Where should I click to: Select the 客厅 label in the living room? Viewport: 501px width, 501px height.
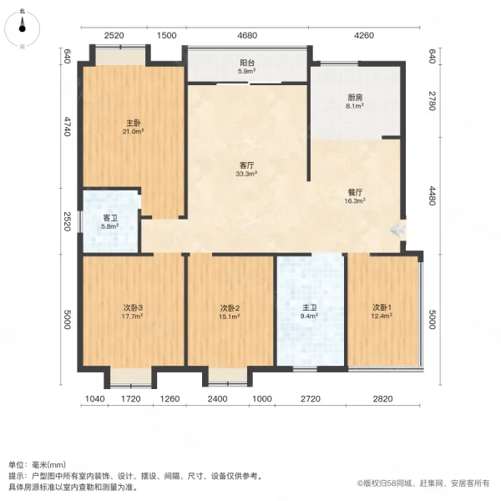(x=245, y=165)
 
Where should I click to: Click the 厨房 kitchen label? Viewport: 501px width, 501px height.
(x=356, y=97)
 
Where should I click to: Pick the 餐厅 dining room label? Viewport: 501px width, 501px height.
(x=356, y=191)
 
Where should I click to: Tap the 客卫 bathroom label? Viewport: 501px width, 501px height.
(x=110, y=216)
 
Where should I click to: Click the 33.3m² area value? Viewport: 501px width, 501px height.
(x=245, y=175)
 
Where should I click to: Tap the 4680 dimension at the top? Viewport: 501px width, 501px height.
(x=247, y=35)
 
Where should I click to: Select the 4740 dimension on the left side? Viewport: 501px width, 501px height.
(x=67, y=127)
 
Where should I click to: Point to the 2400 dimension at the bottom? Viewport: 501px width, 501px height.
(x=217, y=399)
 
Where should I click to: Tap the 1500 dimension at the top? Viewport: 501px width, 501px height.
(x=167, y=35)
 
